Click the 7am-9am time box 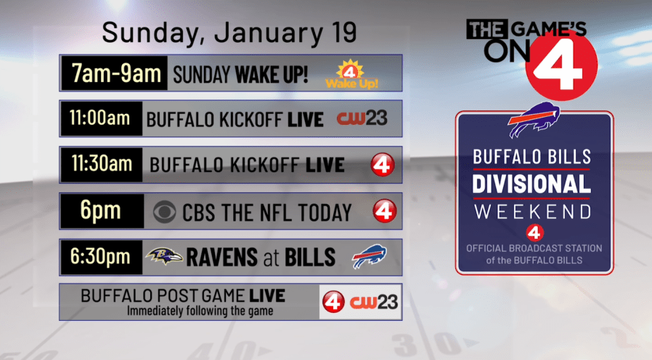click(114, 73)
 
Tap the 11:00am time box click(102, 118)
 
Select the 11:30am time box click(102, 165)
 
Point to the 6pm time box click(102, 210)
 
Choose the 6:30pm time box click(102, 257)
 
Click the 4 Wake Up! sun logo click(351, 74)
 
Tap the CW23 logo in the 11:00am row click(362, 118)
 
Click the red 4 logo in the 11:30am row click(383, 165)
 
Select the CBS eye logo click(164, 212)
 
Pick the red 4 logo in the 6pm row click(384, 210)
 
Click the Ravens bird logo click(164, 255)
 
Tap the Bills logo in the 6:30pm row click(370, 256)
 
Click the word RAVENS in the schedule click(222, 258)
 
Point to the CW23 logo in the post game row click(374, 302)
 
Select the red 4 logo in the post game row click(333, 302)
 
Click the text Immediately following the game click(200, 311)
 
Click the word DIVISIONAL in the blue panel click(531, 184)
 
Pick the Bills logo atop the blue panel click(534, 119)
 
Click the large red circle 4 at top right click(561, 65)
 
